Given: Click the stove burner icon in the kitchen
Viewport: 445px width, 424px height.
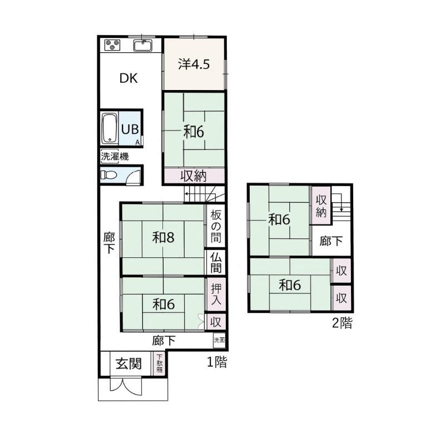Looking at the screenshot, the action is pyautogui.click(x=112, y=46).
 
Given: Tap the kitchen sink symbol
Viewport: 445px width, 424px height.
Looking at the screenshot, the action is pyautogui.click(x=143, y=46).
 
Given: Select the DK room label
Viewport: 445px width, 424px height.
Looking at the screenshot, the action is pyautogui.click(x=128, y=78).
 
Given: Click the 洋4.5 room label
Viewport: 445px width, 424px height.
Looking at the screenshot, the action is pyautogui.click(x=194, y=64).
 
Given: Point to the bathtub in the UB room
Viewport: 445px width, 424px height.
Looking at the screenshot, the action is pyautogui.click(x=110, y=128).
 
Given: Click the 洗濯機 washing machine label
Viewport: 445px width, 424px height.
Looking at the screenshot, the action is pyautogui.click(x=115, y=156).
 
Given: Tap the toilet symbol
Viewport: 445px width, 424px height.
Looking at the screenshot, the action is pyautogui.click(x=108, y=174).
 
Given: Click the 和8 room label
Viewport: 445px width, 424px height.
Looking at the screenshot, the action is pyautogui.click(x=163, y=237).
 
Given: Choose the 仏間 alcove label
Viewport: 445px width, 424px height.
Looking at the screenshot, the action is pyautogui.click(x=216, y=263).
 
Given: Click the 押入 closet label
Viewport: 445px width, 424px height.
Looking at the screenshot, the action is pyautogui.click(x=216, y=295).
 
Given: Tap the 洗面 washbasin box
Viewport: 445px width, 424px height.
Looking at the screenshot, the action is pyautogui.click(x=219, y=340).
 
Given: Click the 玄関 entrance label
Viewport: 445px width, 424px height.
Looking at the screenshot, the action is pyautogui.click(x=128, y=363).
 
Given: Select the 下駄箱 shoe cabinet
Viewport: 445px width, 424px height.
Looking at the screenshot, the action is pyautogui.click(x=160, y=363).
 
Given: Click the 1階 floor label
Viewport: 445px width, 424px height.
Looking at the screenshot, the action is pyautogui.click(x=217, y=362).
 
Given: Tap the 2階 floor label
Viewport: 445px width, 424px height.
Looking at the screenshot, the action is pyautogui.click(x=342, y=323).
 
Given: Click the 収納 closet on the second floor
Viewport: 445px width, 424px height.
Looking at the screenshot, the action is pyautogui.click(x=322, y=206).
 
